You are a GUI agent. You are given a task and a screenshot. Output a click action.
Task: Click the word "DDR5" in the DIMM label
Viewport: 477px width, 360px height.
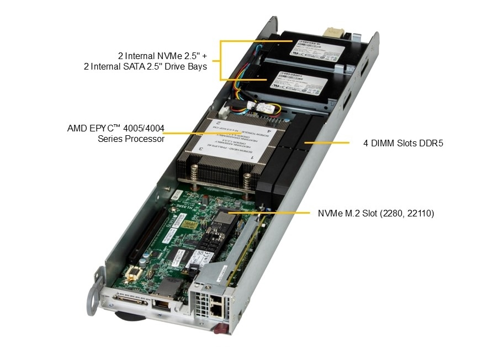click(x=432, y=143)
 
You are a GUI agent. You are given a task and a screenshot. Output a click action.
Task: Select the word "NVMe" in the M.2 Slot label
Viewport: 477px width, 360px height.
click(x=330, y=213)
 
